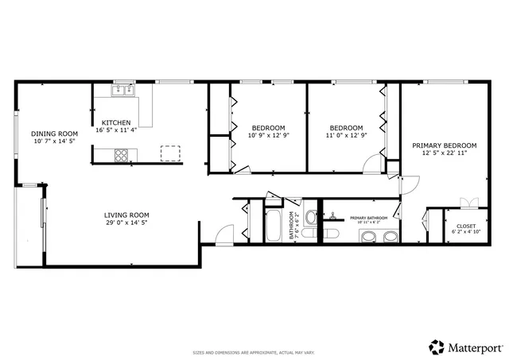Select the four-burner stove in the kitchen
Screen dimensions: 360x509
[x=122, y=156]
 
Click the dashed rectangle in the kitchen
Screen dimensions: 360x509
[x=171, y=153]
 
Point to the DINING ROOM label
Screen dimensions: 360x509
[x=54, y=134]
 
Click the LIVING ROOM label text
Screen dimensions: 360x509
[x=126, y=215]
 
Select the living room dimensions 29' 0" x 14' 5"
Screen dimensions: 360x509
[x=126, y=223]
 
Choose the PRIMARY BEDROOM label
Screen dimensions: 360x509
[x=444, y=145]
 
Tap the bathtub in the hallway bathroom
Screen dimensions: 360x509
[x=272, y=226]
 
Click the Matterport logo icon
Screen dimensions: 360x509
[x=437, y=347]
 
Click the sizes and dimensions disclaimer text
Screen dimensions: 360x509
[x=254, y=352]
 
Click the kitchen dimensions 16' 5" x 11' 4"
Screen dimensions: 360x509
[x=116, y=130]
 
